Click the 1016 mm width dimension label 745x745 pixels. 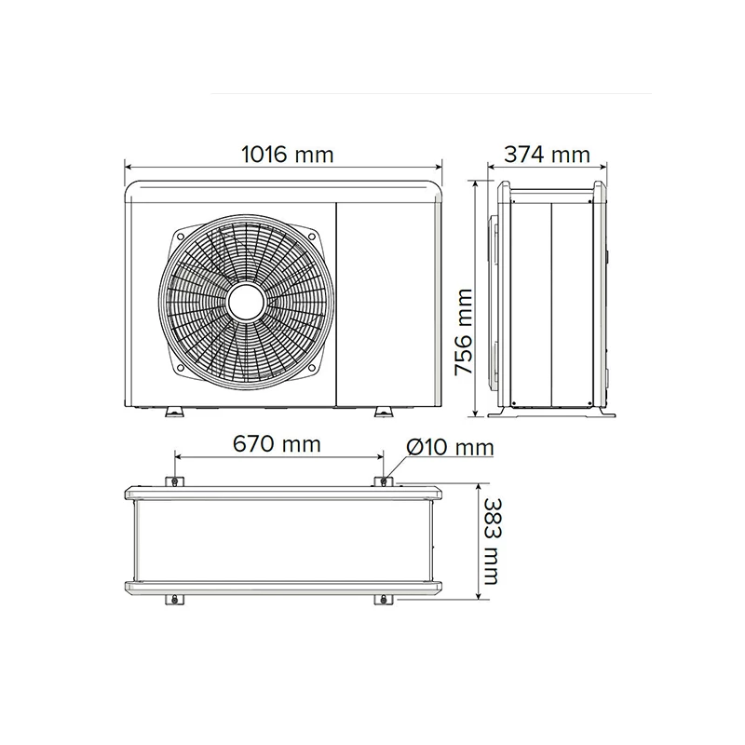(x=288, y=155)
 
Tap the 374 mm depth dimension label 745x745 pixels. (x=547, y=155)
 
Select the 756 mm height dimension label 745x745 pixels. (x=464, y=332)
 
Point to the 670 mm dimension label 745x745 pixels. (x=277, y=444)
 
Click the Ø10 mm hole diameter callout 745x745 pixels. (x=450, y=447)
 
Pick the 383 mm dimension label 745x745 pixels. (x=492, y=541)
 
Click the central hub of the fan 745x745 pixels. (x=246, y=303)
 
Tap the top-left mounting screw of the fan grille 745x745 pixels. (x=180, y=237)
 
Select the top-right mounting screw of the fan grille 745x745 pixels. (x=312, y=237)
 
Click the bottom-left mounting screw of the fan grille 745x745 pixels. (x=180, y=368)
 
